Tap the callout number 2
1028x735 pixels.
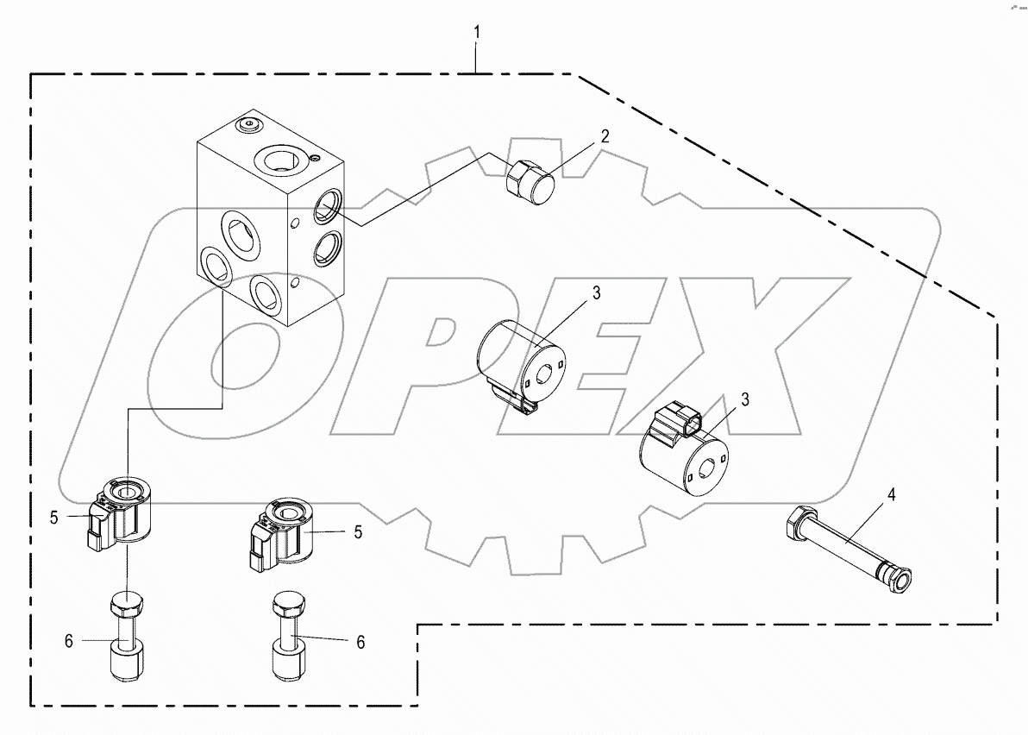605,135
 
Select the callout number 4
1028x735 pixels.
892,495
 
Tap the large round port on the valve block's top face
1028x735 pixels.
279,159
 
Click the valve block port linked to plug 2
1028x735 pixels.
327,204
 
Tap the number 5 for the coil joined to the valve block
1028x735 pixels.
53,518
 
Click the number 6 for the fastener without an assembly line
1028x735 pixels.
360,642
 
